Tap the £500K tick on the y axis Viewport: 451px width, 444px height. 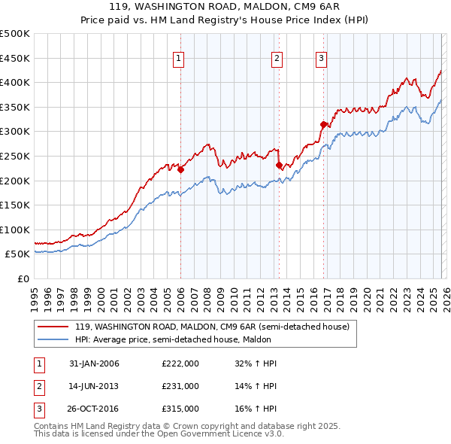pos(15,34)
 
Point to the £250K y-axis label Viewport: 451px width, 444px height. pos(15,156)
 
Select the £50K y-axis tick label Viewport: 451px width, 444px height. pos(18,254)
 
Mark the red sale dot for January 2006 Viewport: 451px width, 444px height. pos(181,170)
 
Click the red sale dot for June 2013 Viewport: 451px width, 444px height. pos(279,166)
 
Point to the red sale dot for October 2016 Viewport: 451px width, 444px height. pos(323,124)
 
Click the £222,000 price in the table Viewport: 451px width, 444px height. pos(180,363)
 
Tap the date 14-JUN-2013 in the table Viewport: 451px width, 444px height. pos(94,385)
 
